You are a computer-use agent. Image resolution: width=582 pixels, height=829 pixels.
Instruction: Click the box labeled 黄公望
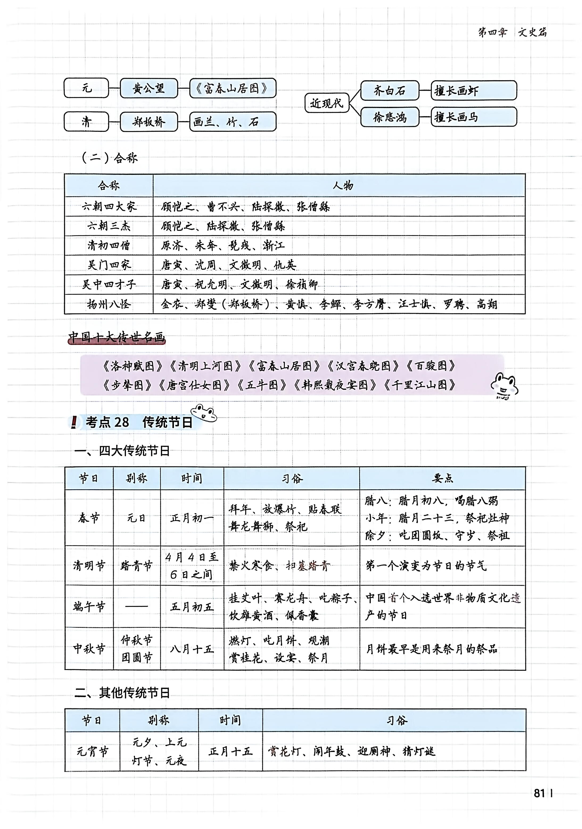click(x=149, y=88)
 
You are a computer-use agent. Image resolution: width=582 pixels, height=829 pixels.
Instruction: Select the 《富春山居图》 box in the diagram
click(x=232, y=88)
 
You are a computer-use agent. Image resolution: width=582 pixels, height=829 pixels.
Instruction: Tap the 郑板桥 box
click(x=149, y=122)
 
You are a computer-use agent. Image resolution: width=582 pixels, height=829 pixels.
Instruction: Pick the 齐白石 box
click(x=389, y=90)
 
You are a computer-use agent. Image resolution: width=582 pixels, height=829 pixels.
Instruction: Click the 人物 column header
click(x=343, y=186)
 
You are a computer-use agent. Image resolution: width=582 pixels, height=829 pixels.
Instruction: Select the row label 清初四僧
click(x=109, y=246)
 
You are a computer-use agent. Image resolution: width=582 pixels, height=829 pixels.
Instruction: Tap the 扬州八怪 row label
click(x=109, y=304)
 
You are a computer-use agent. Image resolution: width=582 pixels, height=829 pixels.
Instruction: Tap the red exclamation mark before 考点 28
click(x=74, y=422)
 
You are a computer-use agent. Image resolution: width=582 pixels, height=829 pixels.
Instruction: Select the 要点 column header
click(x=442, y=478)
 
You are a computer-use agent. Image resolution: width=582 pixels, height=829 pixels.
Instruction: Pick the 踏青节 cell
click(x=137, y=565)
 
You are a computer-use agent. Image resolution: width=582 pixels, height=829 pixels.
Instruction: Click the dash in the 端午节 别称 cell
click(x=137, y=606)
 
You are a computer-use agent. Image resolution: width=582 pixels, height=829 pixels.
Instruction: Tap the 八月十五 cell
click(x=192, y=649)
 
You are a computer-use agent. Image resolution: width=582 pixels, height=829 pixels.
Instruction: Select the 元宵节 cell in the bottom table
click(x=92, y=752)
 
